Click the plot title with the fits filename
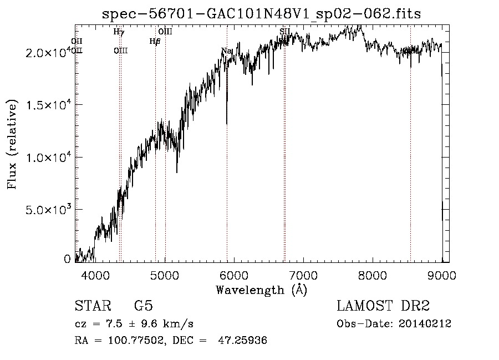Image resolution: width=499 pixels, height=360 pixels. (x=262, y=14)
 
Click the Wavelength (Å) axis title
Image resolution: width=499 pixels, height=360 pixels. (x=261, y=290)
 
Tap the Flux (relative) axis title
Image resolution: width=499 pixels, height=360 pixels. (x=12, y=144)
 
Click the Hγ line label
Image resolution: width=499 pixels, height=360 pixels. (x=119, y=32)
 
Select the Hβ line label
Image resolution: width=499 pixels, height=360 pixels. (x=155, y=41)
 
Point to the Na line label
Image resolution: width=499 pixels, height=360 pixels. (x=226, y=51)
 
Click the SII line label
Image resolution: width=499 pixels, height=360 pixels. (x=285, y=32)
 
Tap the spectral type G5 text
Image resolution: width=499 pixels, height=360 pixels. (x=144, y=306)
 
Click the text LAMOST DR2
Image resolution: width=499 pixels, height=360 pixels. (x=383, y=306)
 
